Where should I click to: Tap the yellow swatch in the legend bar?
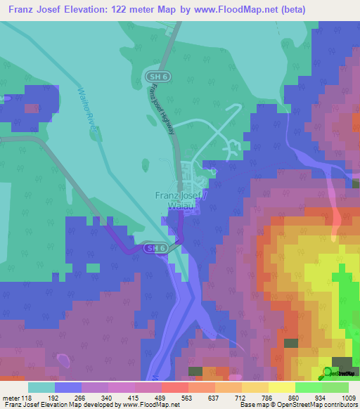(281, 387)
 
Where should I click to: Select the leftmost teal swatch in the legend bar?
(41, 387)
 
